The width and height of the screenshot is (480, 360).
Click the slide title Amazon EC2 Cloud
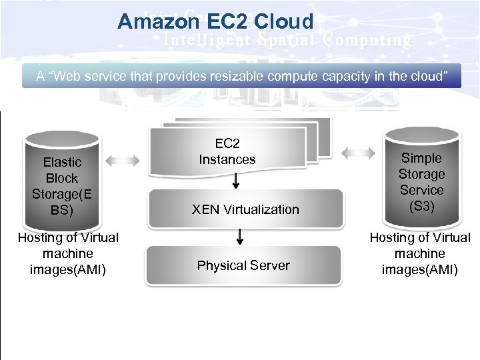(x=215, y=21)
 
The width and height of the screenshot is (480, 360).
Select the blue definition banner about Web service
(x=241, y=76)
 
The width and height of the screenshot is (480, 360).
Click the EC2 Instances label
(x=227, y=151)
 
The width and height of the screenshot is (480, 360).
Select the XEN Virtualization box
(x=245, y=209)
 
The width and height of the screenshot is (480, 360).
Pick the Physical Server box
(x=243, y=265)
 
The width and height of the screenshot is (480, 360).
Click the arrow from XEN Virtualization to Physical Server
(x=241, y=235)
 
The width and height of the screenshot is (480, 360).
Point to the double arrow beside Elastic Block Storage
(x=123, y=161)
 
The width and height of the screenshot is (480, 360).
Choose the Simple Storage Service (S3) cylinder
(x=421, y=180)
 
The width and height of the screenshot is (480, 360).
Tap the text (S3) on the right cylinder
(x=421, y=206)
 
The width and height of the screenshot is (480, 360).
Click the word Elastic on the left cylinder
(x=62, y=162)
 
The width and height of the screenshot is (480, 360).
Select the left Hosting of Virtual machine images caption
(x=67, y=254)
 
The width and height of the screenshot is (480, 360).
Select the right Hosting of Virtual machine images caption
(x=420, y=254)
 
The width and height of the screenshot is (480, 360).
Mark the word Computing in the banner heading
(x=367, y=40)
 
